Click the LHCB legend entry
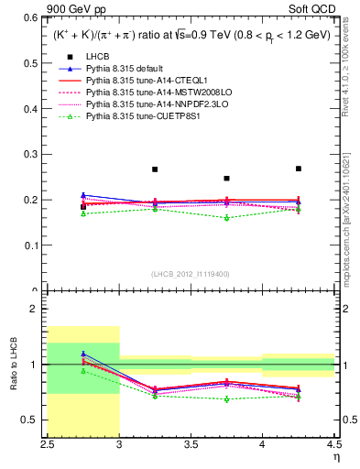pos(96,57)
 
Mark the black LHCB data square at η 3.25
pos(155,169)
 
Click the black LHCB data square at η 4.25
pos(298,169)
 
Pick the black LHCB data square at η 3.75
pos(226,179)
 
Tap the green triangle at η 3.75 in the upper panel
pos(226,218)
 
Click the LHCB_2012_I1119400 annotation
pos(190,274)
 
